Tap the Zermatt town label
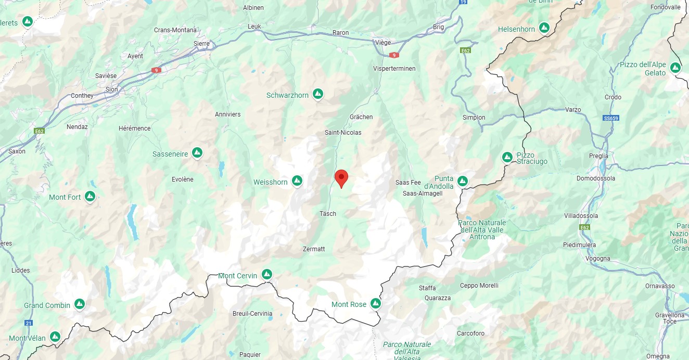314,249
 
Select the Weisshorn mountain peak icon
297,181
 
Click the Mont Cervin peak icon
267,274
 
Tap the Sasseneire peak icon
197,152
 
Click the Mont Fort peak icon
90,196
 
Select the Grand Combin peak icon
80,303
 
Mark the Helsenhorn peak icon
544,27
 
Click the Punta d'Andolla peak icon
462,181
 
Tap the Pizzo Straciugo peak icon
507,157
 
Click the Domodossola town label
596,178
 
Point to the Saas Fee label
408,183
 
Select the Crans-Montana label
175,30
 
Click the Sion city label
112,89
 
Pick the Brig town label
439,27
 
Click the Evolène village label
182,179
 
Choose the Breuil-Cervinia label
252,314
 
